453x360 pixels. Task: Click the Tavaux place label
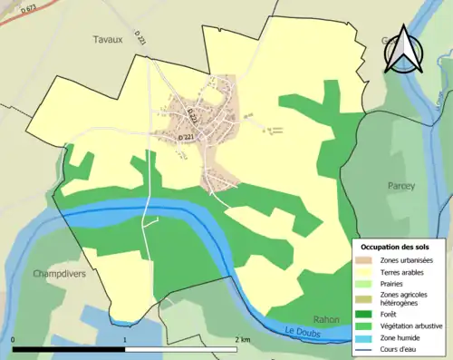(107, 39)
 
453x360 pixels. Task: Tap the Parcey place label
(400, 186)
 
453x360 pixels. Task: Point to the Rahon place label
(325, 319)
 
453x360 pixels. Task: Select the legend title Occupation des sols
(396, 247)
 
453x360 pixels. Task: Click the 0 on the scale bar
(14, 340)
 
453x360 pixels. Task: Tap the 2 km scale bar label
(242, 340)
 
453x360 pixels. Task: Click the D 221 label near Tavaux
(140, 39)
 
